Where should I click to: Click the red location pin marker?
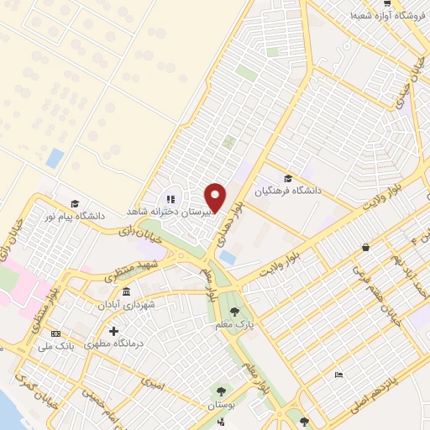click(x=216, y=197)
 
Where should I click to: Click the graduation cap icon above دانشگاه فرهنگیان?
click(x=289, y=178)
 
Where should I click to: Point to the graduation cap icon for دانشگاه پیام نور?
click(x=74, y=203)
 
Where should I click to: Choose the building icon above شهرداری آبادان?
click(x=126, y=292)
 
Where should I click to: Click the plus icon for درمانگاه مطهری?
click(x=113, y=331)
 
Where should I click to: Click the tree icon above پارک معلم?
click(x=244, y=312)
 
